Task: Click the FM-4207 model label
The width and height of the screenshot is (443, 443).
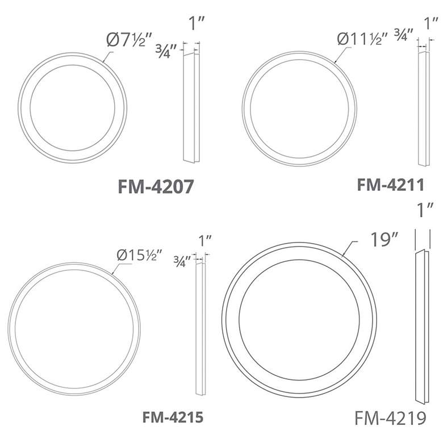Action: (x=156, y=186)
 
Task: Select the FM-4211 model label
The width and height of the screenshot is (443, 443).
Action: (x=391, y=185)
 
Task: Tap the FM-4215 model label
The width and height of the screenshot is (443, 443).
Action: (x=173, y=417)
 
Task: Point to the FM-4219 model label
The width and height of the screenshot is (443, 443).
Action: (x=390, y=418)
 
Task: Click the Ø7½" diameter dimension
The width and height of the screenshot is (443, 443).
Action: (x=129, y=40)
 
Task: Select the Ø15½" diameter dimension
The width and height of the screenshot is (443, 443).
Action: (x=139, y=255)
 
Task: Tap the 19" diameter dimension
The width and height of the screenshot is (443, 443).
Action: (x=384, y=240)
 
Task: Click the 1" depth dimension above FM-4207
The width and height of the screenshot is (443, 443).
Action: (x=197, y=23)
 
